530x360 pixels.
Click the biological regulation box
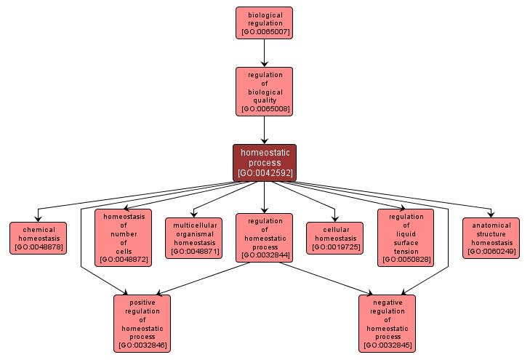click(264, 23)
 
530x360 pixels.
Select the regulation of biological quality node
click(264, 92)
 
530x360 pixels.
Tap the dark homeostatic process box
click(264, 162)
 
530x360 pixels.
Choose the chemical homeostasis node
click(38, 238)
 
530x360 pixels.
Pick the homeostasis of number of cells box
click(123, 237)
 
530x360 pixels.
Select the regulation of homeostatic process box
click(264, 237)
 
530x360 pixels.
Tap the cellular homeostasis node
click(335, 238)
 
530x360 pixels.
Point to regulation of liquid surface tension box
click(406, 237)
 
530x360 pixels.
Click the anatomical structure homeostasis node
click(491, 238)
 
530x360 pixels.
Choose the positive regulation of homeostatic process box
click(142, 323)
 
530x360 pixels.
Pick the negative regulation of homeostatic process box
click(387, 323)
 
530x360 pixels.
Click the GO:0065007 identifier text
click(264, 33)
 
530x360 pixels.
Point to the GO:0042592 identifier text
click(264, 173)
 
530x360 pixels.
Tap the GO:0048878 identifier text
click(38, 247)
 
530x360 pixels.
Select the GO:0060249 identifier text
click(491, 252)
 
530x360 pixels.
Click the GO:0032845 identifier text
click(387, 345)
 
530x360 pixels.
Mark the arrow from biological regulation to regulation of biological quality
click(264, 52)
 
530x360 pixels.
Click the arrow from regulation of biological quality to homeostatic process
click(264, 129)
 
